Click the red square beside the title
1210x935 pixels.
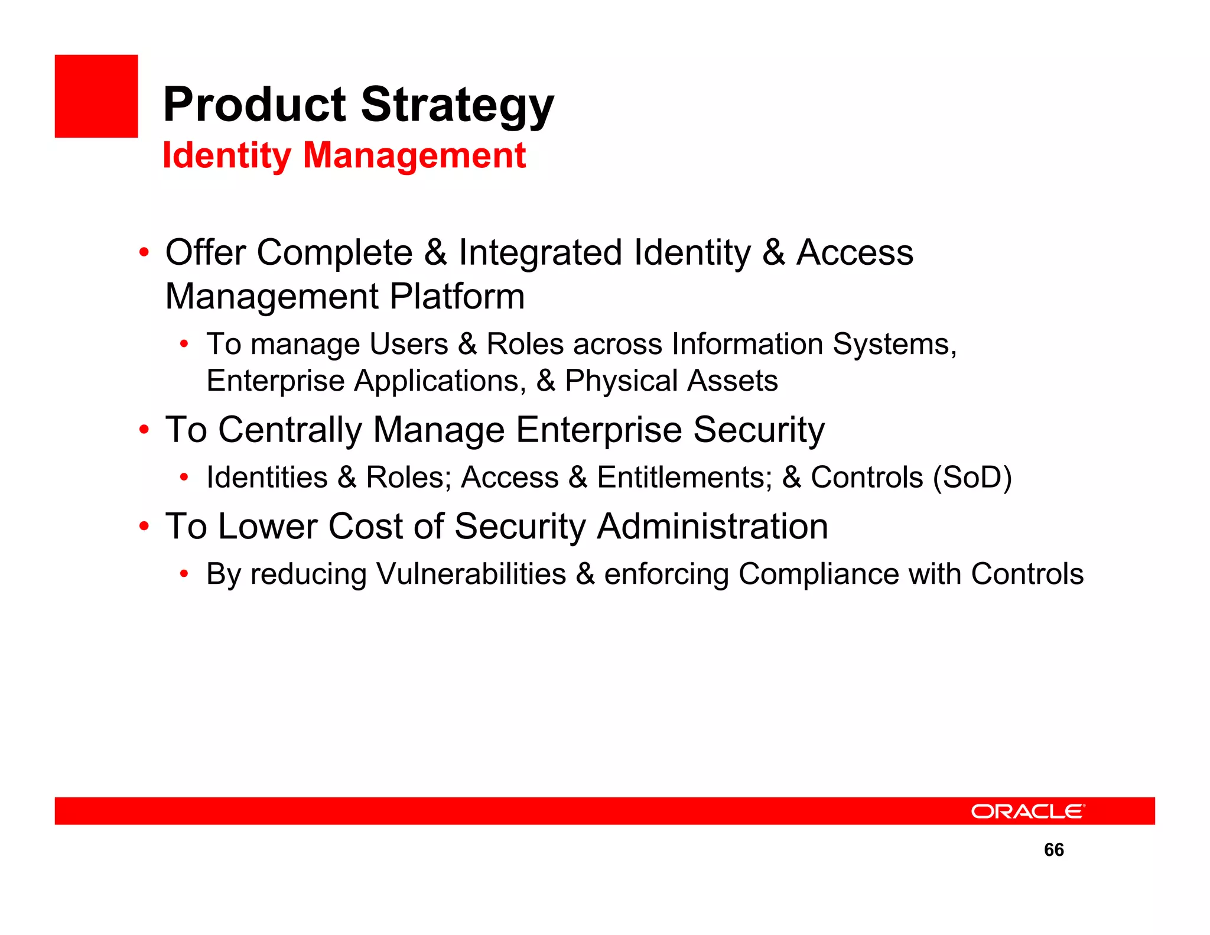(x=96, y=96)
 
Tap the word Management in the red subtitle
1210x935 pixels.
(x=414, y=156)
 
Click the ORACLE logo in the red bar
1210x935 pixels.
(x=1027, y=811)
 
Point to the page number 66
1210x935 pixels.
(x=1053, y=850)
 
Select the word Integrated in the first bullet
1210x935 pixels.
(x=540, y=253)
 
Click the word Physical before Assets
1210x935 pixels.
(x=621, y=381)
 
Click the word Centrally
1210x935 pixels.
(x=290, y=430)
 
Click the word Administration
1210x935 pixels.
(x=712, y=527)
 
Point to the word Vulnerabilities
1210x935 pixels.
(x=471, y=574)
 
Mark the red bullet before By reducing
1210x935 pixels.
(x=184, y=573)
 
